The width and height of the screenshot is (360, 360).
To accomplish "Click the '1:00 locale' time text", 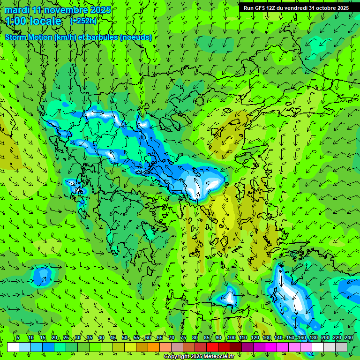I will [x=34, y=21].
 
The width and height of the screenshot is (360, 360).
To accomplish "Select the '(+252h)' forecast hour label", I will [x=83, y=21].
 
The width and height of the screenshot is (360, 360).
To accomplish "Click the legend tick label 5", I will [x=18, y=338].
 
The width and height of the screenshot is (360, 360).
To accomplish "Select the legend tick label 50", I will [x=124, y=338].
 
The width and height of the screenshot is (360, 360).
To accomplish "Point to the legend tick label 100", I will [x=231, y=338].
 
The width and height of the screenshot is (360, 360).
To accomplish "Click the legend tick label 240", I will [x=349, y=338].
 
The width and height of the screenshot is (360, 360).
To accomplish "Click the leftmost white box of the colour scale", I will [x=13, y=347].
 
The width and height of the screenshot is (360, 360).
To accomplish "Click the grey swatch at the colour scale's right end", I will [x=341, y=347].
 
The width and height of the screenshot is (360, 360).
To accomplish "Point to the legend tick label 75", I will [x=183, y=338].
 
